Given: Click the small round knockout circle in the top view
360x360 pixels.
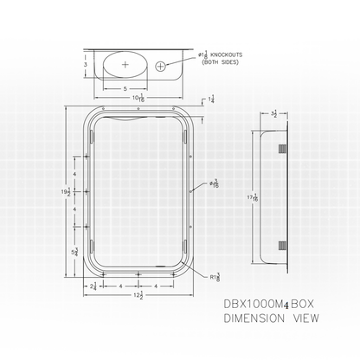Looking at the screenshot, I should point(160,65).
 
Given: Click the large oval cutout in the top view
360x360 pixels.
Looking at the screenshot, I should point(125,65).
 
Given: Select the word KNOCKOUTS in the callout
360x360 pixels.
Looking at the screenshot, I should point(221,55).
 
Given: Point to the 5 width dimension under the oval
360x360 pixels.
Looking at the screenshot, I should point(125,88).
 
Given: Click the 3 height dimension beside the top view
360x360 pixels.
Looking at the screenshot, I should point(75,64).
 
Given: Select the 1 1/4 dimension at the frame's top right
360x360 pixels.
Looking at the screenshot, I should point(211,100).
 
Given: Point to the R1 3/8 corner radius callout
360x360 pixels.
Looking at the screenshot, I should point(202,277).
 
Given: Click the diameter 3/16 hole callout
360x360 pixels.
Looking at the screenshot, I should point(212,184).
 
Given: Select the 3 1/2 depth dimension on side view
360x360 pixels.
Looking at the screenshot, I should point(273,113).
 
